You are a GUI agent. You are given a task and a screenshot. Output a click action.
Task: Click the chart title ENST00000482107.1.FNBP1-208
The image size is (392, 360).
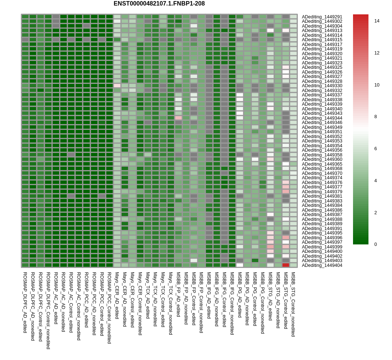(159, 4)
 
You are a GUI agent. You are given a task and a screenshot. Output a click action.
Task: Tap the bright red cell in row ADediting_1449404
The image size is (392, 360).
(286, 265)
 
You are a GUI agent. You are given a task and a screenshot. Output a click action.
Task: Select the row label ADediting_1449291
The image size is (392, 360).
(322, 17)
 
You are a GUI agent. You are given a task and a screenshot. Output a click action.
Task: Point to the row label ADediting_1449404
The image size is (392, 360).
(322, 265)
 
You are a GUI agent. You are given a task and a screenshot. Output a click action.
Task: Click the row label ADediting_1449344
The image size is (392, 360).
(322, 118)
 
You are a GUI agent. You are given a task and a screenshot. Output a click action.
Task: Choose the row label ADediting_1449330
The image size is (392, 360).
(322, 86)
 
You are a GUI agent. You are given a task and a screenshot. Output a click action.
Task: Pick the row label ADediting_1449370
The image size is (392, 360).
(322, 173)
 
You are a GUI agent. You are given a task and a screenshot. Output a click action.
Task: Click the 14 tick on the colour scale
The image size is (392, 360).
(377, 21)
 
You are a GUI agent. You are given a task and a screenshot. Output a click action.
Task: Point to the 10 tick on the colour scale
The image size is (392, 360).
(377, 85)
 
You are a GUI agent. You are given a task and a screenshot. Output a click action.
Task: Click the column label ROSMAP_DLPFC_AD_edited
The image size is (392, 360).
(25, 303)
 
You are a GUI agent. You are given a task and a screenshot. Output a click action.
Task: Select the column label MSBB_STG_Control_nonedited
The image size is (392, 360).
(293, 304)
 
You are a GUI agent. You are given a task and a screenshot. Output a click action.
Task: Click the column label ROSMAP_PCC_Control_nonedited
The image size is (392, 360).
(109, 308)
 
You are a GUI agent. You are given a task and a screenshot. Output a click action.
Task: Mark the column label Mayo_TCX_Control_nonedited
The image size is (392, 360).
(171, 303)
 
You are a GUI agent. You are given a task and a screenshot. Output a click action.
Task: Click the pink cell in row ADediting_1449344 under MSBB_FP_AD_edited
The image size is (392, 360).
(178, 118)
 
